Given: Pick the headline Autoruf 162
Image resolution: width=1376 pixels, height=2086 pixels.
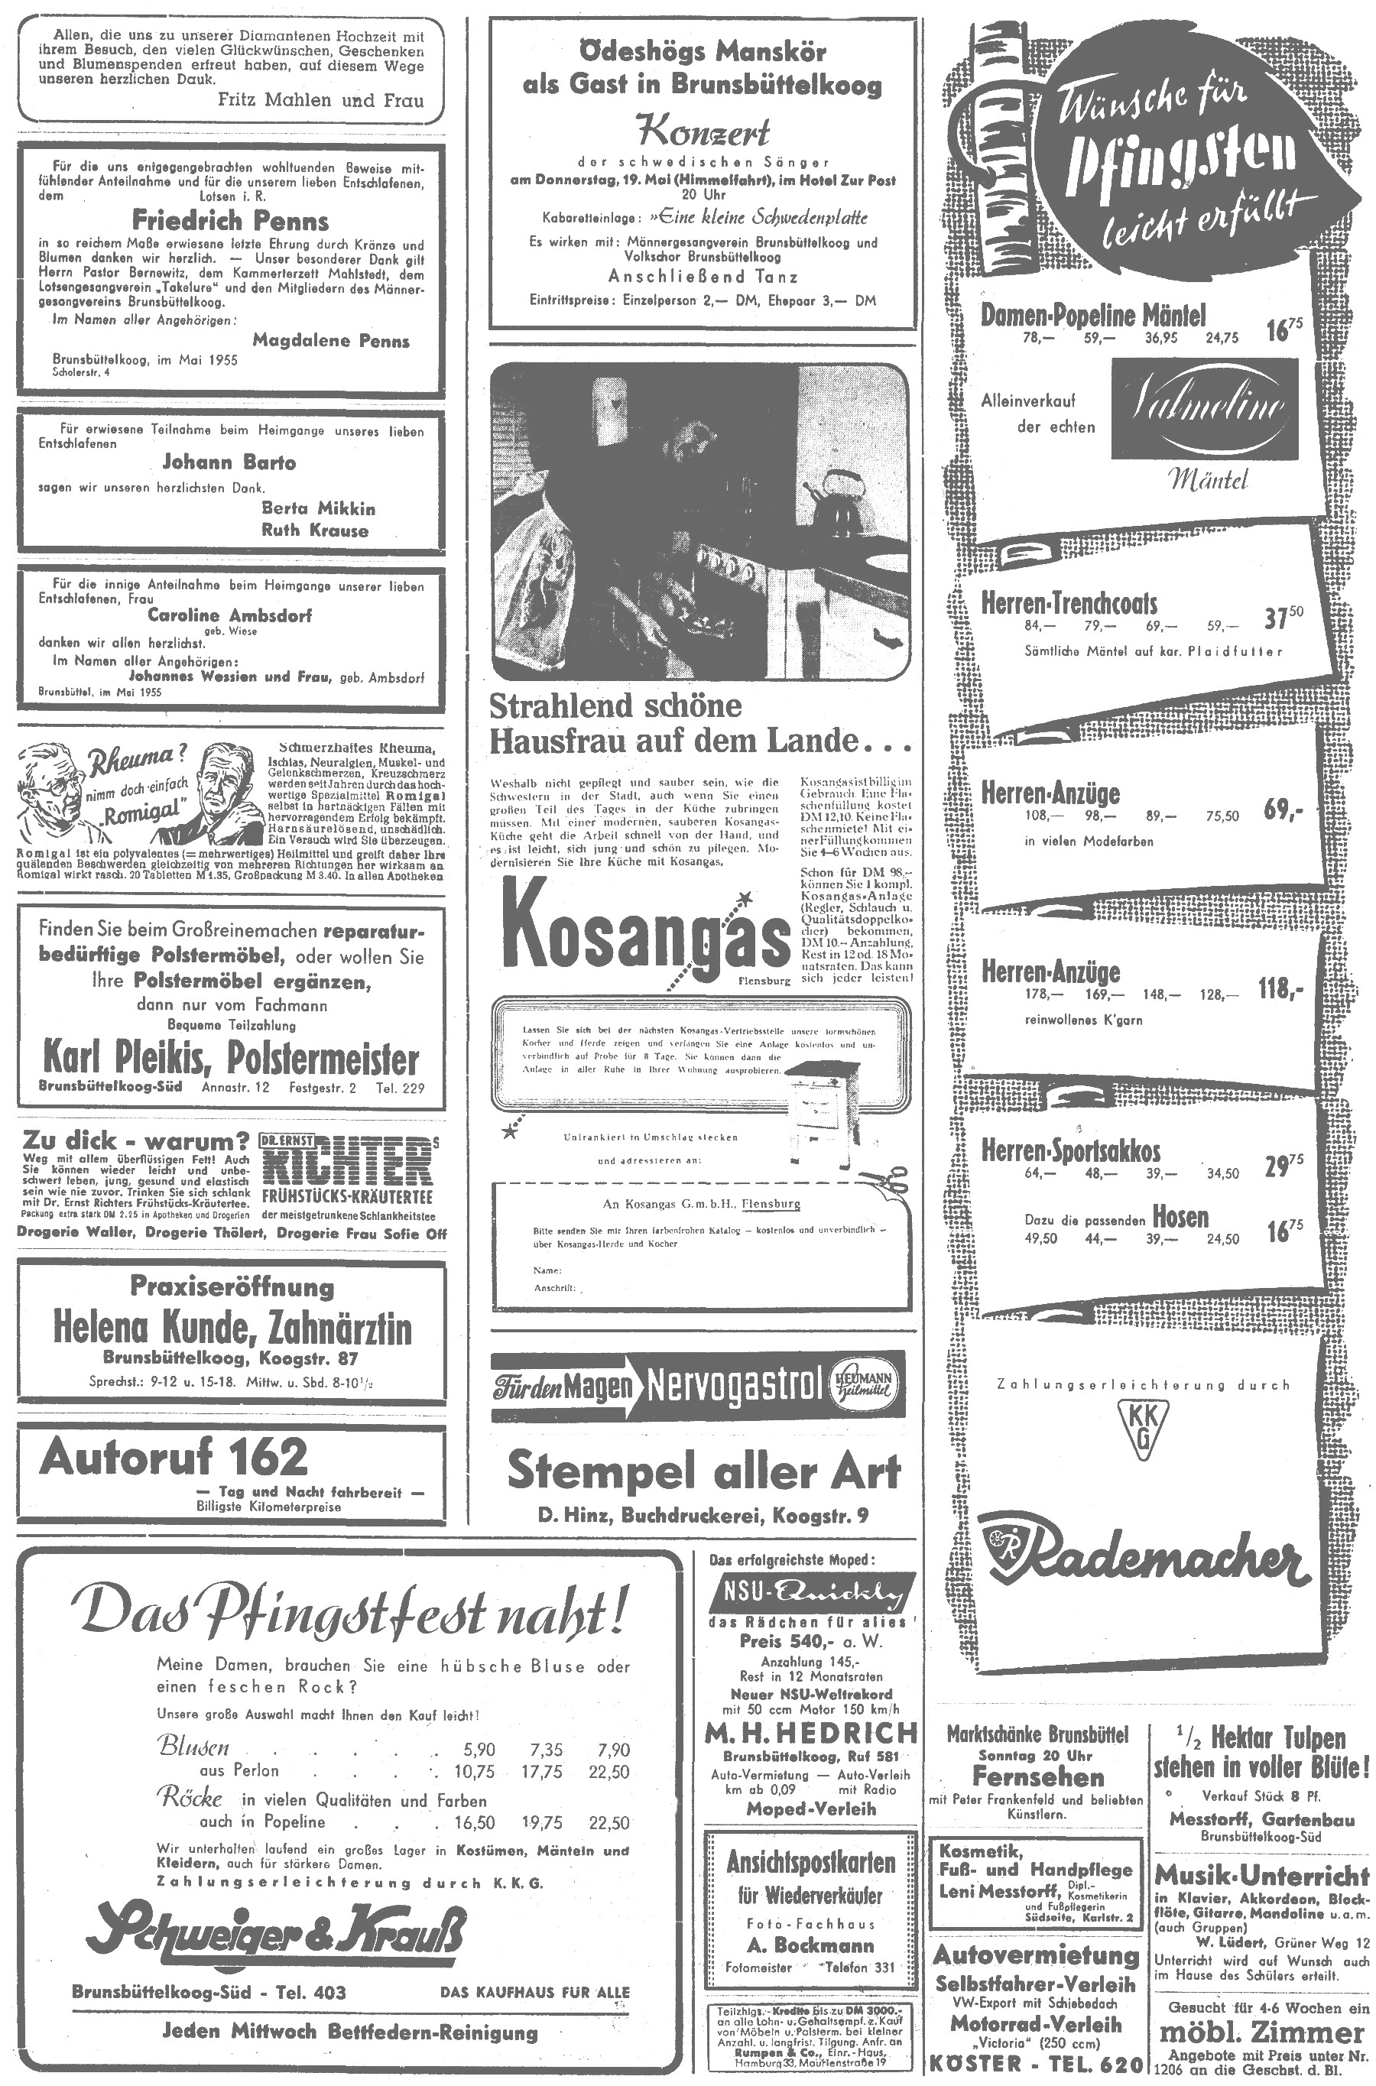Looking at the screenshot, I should pos(174,1457).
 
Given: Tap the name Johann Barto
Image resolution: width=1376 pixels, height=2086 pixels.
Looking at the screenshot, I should pos(230,462).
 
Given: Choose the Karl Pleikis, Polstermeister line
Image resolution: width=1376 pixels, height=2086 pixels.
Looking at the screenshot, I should pos(232,1059).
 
